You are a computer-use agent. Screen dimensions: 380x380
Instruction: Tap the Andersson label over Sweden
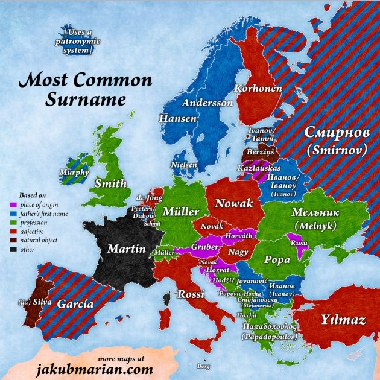tap(207, 103)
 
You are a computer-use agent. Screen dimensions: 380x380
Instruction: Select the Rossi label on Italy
tap(192, 294)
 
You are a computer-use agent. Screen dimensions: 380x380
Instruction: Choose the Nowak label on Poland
tap(234, 203)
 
